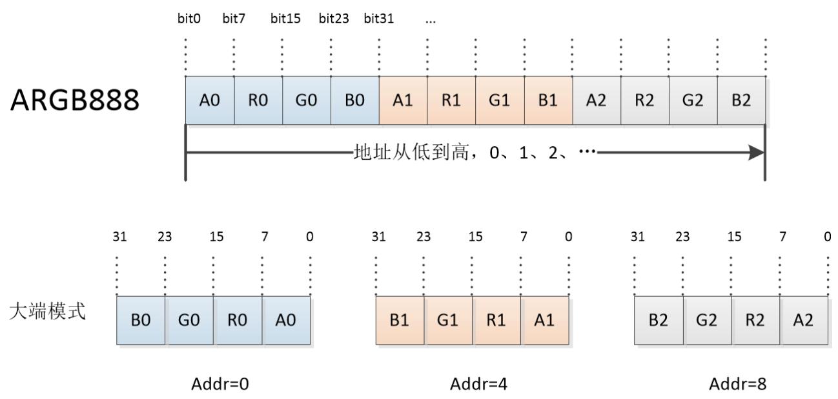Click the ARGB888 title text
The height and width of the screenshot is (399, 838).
[74, 103]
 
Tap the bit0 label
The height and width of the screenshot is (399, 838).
[189, 19]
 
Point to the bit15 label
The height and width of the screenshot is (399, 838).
[286, 19]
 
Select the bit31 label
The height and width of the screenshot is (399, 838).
[379, 19]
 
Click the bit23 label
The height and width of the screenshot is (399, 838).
[334, 19]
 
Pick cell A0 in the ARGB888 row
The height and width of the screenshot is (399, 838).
[210, 101]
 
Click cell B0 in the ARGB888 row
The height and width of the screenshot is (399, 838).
[355, 101]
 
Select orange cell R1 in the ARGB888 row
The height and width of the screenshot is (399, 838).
[452, 101]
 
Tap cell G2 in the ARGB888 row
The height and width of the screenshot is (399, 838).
[693, 101]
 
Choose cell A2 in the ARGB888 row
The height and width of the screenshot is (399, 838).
[597, 101]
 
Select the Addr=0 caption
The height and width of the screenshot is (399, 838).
[220, 383]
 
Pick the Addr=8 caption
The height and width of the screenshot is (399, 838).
[738, 383]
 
